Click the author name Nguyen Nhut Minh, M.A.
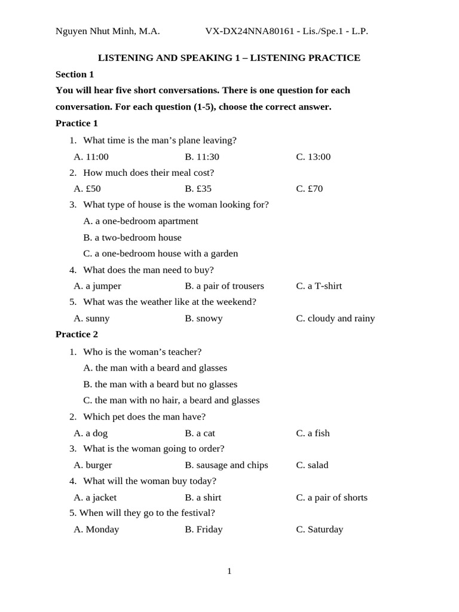(x=108, y=31)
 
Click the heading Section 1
(x=75, y=74)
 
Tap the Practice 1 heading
(x=76, y=123)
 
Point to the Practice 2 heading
(x=76, y=334)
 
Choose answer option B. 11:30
(x=202, y=157)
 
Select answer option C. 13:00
(x=313, y=157)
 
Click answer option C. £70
(x=309, y=188)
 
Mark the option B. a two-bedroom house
(x=132, y=237)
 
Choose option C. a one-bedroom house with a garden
(x=160, y=253)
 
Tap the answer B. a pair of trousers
(x=224, y=286)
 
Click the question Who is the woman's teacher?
(x=142, y=351)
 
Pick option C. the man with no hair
(x=171, y=400)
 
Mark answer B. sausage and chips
(x=227, y=465)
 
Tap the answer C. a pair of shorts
(x=332, y=497)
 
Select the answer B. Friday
(x=204, y=529)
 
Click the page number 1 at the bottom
(x=229, y=571)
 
